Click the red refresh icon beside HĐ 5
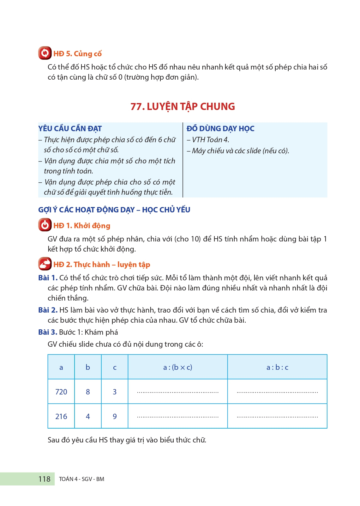coord(45,53)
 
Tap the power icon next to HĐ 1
coord(45,225)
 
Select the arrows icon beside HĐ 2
coord(45,264)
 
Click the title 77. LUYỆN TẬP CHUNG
coord(183,107)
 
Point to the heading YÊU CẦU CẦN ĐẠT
coord(70,129)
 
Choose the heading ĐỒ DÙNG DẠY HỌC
coord(220,129)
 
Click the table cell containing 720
coord(61,392)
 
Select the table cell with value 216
coord(61,417)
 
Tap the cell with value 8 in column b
coord(88,392)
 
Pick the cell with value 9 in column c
coord(115,417)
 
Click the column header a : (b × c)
coord(177,367)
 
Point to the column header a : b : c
coord(277,367)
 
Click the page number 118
coord(44,479)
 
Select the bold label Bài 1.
coord(48,278)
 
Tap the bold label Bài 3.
coord(48,332)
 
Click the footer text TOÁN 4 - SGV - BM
coord(81,479)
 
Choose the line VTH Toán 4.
coord(210,140)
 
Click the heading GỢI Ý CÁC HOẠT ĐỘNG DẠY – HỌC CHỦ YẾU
coord(114,210)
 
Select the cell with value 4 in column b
coord(88,417)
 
